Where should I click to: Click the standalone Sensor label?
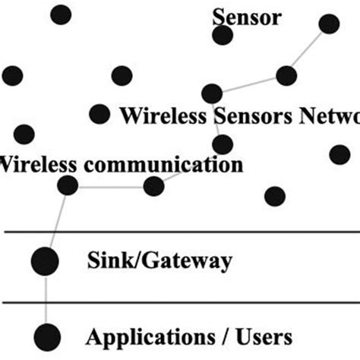click(x=246, y=16)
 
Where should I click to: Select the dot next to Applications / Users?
click(x=46, y=334)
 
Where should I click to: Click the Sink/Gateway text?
click(x=159, y=262)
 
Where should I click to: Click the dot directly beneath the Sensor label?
click(x=222, y=35)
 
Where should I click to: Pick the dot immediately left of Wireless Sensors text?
click(x=99, y=114)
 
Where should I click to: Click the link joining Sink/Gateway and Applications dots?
click(x=46, y=298)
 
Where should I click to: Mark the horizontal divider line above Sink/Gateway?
click(x=180, y=231)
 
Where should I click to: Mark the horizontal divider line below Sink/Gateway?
click(x=180, y=302)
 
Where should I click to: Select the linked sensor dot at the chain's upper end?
click(x=329, y=24)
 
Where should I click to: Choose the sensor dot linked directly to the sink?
click(x=68, y=185)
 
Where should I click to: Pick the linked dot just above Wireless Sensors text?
click(x=212, y=93)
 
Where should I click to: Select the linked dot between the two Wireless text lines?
click(x=222, y=144)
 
